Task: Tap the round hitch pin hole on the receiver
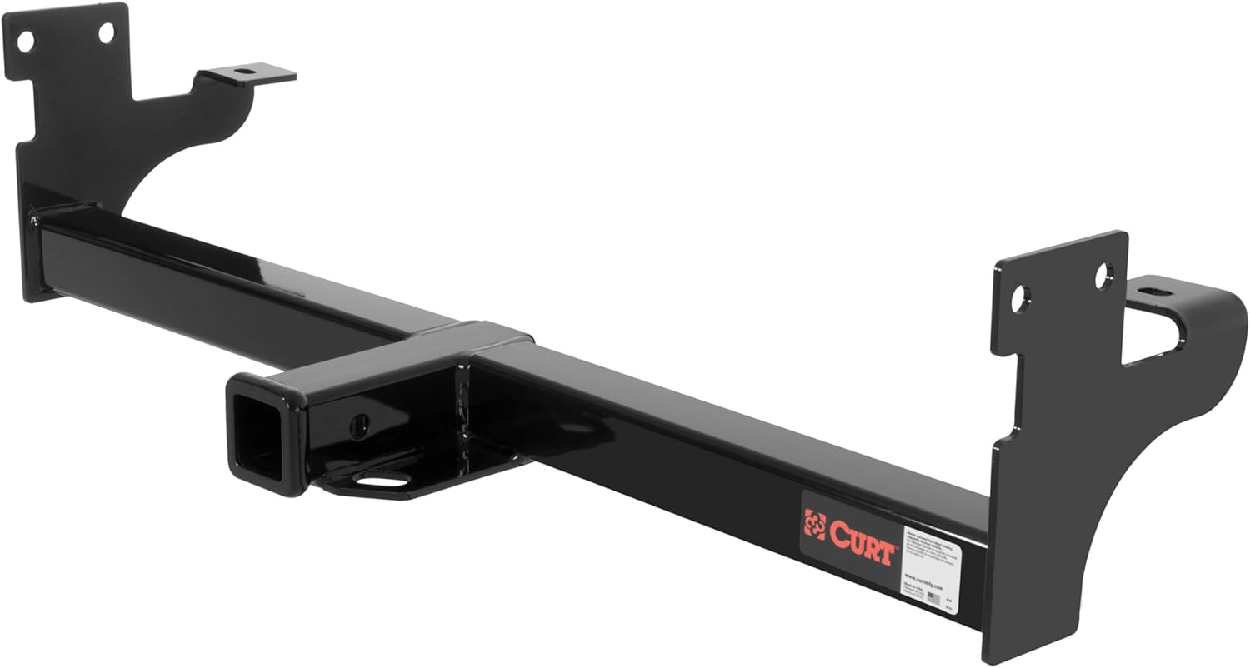(x=360, y=426)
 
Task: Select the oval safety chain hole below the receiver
(x=385, y=481)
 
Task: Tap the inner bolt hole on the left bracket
(x=106, y=32)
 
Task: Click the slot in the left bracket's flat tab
(x=243, y=72)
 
